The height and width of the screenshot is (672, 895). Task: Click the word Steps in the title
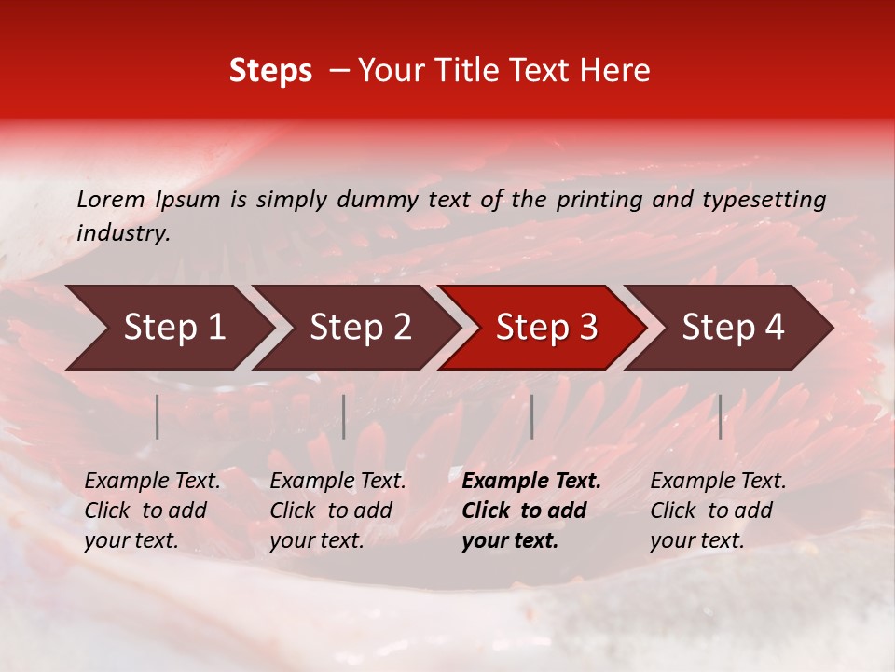(x=270, y=71)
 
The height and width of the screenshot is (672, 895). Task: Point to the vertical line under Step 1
(x=158, y=416)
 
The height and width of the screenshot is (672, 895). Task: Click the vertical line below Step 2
(x=344, y=416)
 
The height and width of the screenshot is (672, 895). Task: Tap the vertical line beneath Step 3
(x=531, y=416)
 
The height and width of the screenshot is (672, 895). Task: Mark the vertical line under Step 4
(x=720, y=416)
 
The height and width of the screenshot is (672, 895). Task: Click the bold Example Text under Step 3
(x=531, y=482)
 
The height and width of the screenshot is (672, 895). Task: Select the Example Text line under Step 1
(x=152, y=482)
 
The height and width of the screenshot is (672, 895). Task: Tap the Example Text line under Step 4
(x=718, y=482)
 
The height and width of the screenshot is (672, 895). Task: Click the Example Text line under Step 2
(x=337, y=482)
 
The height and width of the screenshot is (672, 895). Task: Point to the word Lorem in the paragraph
(x=111, y=200)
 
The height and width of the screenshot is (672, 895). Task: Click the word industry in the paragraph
(x=122, y=233)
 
